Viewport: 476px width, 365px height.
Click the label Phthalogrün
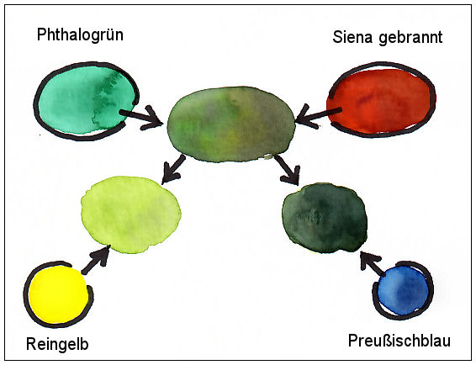(80, 35)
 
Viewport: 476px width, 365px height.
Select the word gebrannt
(410, 38)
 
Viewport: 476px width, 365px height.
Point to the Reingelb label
(57, 344)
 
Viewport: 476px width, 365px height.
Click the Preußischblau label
(399, 341)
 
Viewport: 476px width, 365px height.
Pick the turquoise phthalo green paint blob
(87, 100)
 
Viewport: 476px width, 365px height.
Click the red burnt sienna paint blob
(381, 101)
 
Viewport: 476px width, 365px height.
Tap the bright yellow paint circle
(59, 294)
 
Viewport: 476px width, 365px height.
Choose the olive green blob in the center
(230, 124)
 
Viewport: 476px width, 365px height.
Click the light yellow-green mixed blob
(131, 214)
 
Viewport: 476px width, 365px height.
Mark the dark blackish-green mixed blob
(325, 218)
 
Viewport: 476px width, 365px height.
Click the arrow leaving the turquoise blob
(141, 117)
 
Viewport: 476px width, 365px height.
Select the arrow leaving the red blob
(318, 116)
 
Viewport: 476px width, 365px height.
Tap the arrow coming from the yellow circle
(96, 260)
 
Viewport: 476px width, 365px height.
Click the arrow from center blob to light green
(173, 169)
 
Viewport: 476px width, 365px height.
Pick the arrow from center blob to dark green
(288, 170)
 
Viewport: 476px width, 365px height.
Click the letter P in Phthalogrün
(41, 34)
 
